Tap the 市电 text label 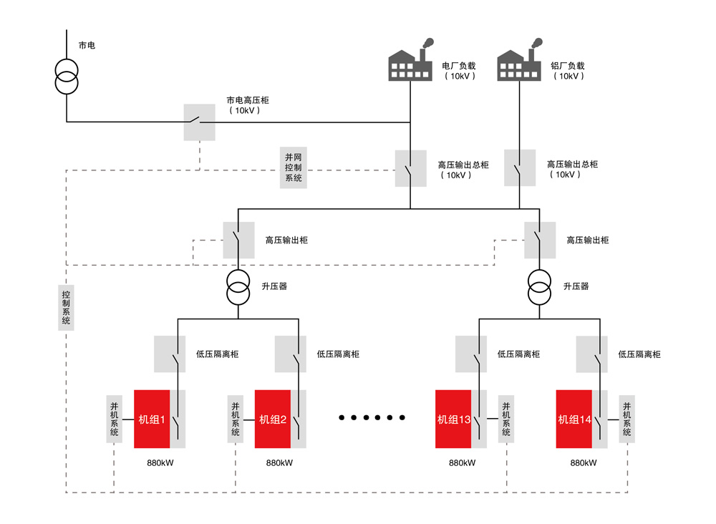(x=87, y=45)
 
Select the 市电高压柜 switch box (x=199, y=122)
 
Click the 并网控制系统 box (x=294, y=168)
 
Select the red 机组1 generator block (x=152, y=419)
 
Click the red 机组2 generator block (x=273, y=419)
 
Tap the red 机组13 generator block (x=453, y=419)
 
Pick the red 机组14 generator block (x=574, y=419)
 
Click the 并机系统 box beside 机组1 (x=114, y=419)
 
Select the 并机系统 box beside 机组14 (x=627, y=419)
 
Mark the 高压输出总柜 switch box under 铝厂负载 (x=520, y=168)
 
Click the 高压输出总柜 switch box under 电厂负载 (x=410, y=168)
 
